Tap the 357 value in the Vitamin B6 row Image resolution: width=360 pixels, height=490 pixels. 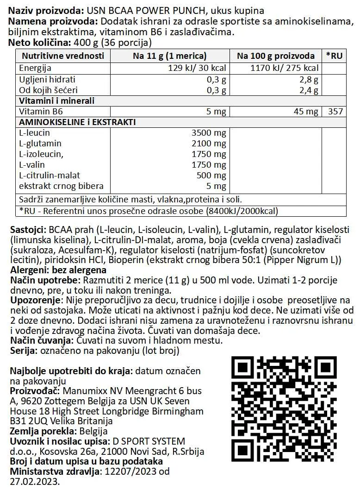click(335, 112)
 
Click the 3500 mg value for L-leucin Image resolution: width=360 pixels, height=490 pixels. click(209, 133)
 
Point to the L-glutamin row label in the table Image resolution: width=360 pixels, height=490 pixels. click(41, 144)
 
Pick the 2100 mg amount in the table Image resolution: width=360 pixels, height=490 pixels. click(209, 144)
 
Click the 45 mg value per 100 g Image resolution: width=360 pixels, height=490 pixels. click(306, 112)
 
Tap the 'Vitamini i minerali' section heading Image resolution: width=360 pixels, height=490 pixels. click(56, 101)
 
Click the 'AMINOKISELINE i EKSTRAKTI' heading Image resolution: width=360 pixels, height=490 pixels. click(77, 122)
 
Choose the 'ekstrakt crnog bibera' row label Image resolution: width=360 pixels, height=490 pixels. click(61, 187)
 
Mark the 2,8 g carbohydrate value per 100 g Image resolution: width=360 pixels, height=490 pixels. click(309, 79)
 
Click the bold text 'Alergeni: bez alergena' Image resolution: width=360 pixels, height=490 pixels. click(58, 270)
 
